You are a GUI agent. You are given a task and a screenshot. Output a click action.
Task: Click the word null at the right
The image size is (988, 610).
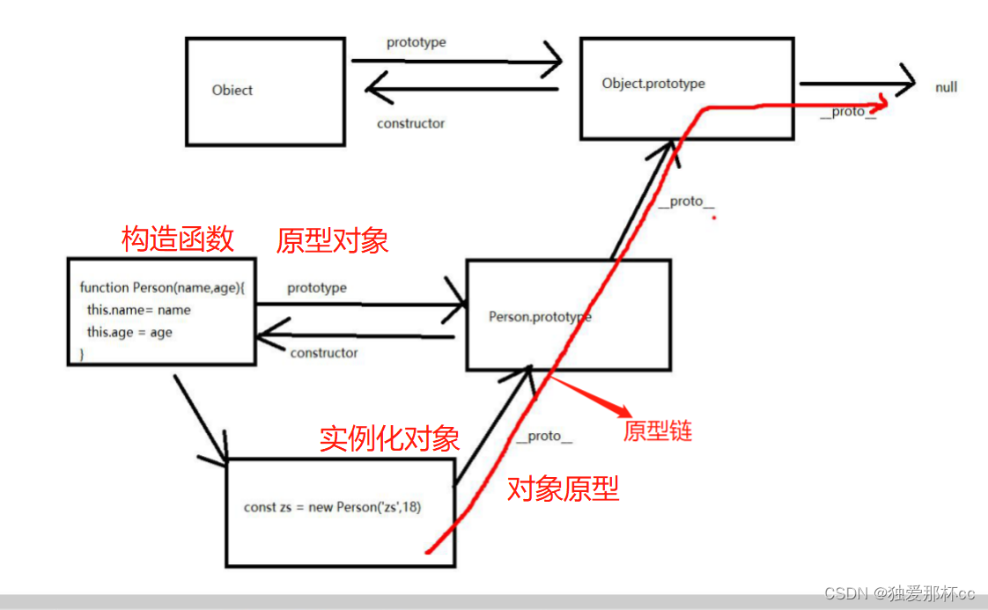(x=946, y=87)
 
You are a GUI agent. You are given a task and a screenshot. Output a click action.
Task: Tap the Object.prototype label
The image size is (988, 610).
(x=653, y=84)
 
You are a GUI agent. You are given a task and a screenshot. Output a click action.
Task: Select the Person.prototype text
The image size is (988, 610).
(x=539, y=316)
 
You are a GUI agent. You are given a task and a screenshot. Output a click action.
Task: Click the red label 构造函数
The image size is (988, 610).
(x=178, y=238)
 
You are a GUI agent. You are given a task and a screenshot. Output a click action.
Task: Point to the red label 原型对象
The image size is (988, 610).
(x=332, y=240)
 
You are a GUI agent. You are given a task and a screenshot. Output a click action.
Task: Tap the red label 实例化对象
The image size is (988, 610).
(x=389, y=438)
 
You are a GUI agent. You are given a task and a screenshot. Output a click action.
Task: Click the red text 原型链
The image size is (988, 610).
(x=658, y=430)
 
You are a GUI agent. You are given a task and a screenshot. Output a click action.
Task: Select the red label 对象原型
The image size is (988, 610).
(x=563, y=489)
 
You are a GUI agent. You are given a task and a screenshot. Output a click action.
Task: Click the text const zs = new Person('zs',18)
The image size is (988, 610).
(x=338, y=507)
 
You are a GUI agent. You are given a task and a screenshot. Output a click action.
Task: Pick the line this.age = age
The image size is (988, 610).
(x=129, y=332)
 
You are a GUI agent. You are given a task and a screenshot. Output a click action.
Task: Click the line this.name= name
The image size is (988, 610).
(x=138, y=310)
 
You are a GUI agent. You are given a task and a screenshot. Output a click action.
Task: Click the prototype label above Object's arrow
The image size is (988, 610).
(x=416, y=43)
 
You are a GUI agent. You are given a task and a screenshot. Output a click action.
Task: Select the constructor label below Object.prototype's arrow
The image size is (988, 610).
(x=410, y=123)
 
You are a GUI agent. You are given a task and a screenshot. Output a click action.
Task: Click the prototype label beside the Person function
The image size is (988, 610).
(x=317, y=288)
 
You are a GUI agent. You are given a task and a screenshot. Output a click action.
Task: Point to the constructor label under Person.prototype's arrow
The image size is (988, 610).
(x=324, y=353)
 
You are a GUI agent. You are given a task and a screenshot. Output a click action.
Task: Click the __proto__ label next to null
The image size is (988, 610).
(x=847, y=112)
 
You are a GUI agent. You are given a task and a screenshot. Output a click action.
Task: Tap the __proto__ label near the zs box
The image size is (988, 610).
(x=543, y=437)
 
